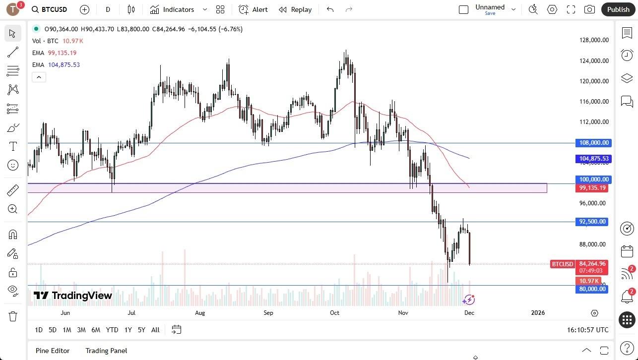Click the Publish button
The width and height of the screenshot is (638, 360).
tap(618, 9)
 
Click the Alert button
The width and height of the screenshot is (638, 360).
tap(253, 9)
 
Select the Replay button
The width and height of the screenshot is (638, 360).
tap(295, 9)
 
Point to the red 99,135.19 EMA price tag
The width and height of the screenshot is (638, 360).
tap(592, 188)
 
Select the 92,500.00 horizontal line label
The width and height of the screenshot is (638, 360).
tap(592, 222)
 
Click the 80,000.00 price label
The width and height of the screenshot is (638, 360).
tap(592, 289)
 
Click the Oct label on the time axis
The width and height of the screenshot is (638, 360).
tap(334, 313)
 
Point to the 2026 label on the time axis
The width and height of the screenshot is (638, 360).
tap(538, 313)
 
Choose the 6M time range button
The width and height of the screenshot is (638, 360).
tap(96, 330)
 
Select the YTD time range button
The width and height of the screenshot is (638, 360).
tap(112, 330)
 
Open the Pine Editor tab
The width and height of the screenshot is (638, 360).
tap(52, 351)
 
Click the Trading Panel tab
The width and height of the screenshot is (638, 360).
tap(106, 351)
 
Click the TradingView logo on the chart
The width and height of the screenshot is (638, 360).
tap(73, 296)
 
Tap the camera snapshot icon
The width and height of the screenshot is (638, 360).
tap(589, 9)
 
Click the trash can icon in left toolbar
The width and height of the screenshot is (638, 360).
tap(13, 316)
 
